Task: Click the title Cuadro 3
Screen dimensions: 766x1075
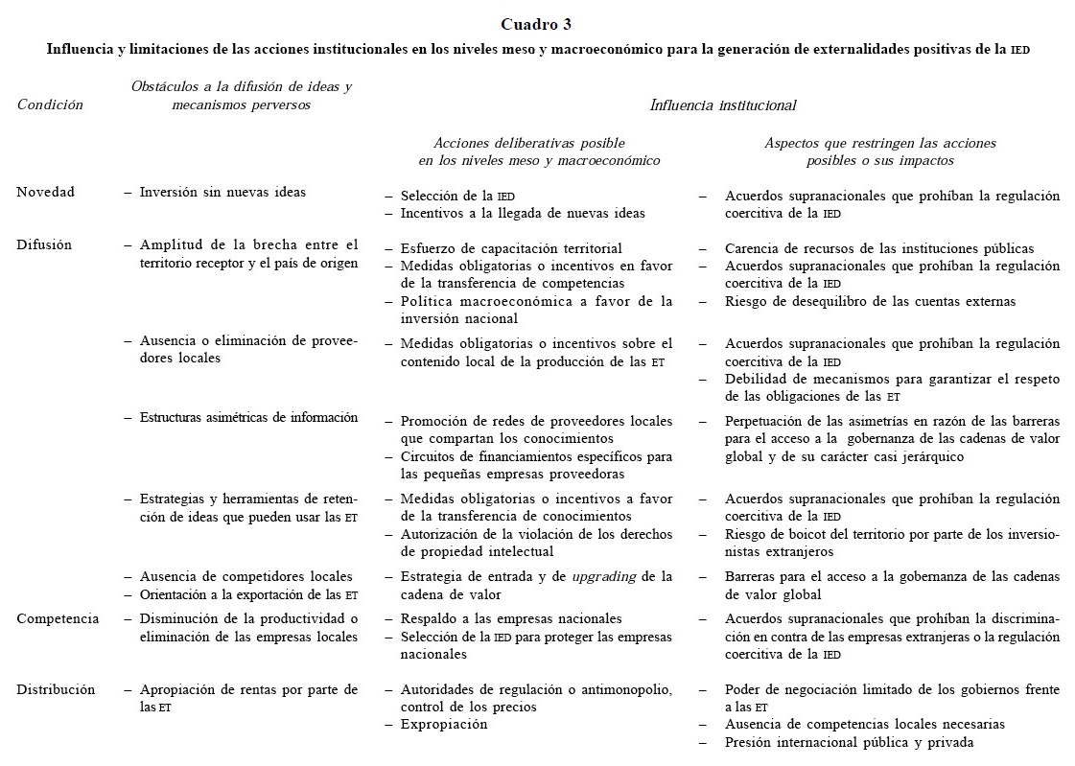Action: coord(538,24)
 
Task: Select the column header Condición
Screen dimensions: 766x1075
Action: coord(50,105)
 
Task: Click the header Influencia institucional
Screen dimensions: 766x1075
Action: coord(723,105)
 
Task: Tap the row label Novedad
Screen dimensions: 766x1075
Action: coord(45,192)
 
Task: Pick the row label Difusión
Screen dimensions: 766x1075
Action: coord(44,244)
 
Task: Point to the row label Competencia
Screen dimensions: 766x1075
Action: coord(58,618)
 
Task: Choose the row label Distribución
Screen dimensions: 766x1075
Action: coord(56,689)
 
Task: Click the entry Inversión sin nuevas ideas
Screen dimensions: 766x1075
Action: coord(222,192)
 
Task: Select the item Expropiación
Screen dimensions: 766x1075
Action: coord(443,725)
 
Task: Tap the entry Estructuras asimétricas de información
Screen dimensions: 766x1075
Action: coord(248,417)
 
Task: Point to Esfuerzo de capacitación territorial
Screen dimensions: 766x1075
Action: coord(511,249)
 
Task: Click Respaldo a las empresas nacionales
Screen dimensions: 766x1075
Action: coord(511,618)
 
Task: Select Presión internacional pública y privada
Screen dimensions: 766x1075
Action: coord(850,743)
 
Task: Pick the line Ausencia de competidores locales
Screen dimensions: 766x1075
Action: coord(245,576)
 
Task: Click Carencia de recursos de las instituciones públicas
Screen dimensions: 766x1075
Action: coord(879,249)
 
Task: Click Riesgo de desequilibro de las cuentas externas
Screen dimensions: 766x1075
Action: coord(870,301)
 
